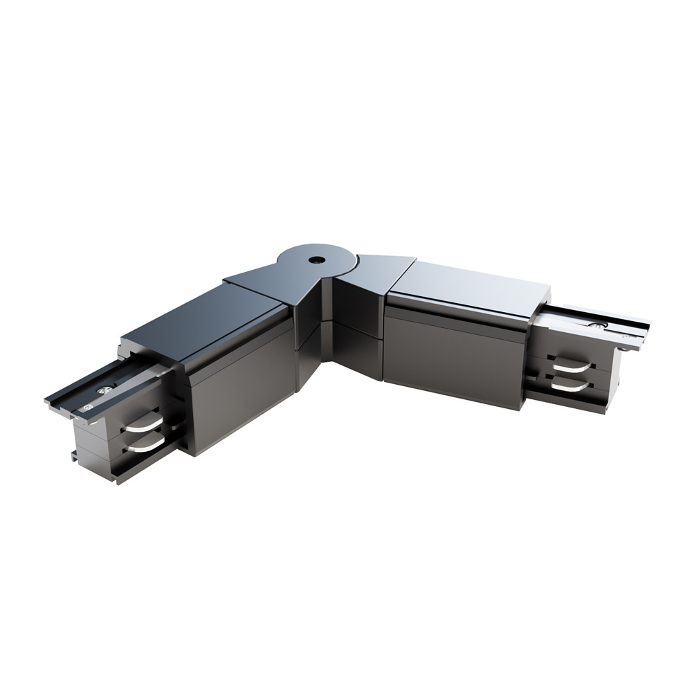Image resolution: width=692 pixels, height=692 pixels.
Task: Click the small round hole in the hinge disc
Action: (x=316, y=260)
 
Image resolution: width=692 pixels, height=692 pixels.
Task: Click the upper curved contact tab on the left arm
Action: (x=143, y=422)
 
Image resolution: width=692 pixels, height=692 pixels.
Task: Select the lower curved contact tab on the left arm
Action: (x=145, y=444)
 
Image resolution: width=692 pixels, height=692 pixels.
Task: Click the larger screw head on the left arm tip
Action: (x=104, y=391)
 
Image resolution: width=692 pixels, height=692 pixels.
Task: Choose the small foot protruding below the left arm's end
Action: (x=73, y=455)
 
